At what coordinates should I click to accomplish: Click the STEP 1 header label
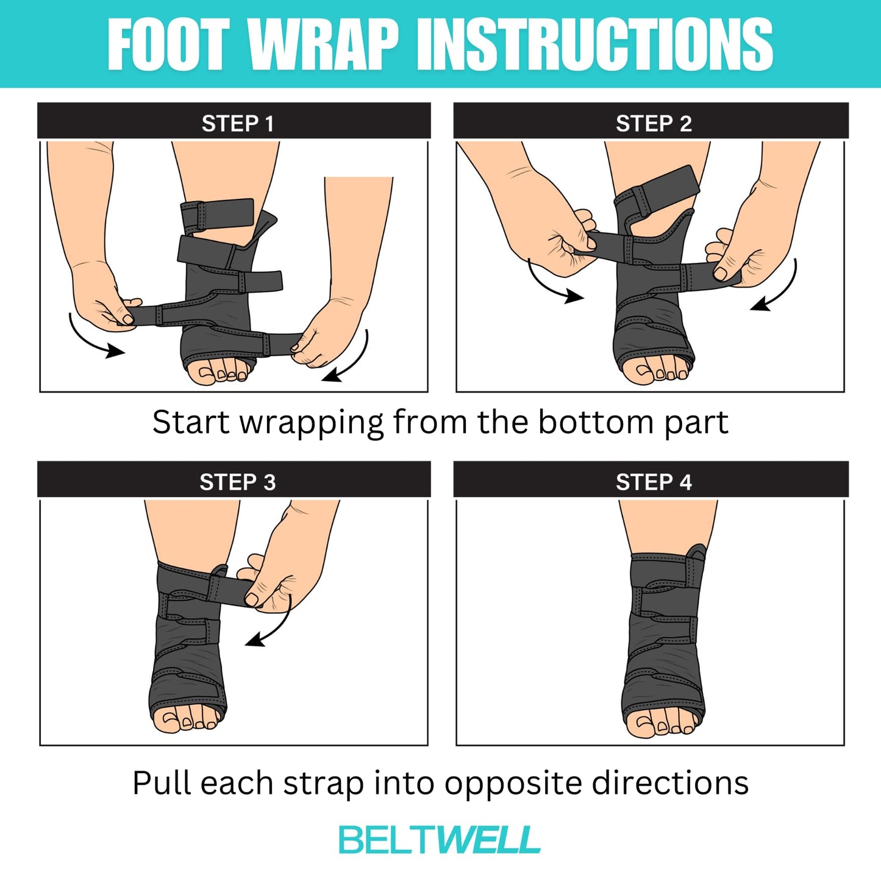pyautogui.click(x=237, y=123)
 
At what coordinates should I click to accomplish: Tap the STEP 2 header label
pyautogui.click(x=653, y=123)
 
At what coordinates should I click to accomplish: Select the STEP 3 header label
pyautogui.click(x=237, y=482)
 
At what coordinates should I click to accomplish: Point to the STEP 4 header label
pyautogui.click(x=653, y=482)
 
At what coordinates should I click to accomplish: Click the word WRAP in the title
pyautogui.click(x=324, y=44)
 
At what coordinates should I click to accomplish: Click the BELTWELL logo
pyautogui.click(x=440, y=840)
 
